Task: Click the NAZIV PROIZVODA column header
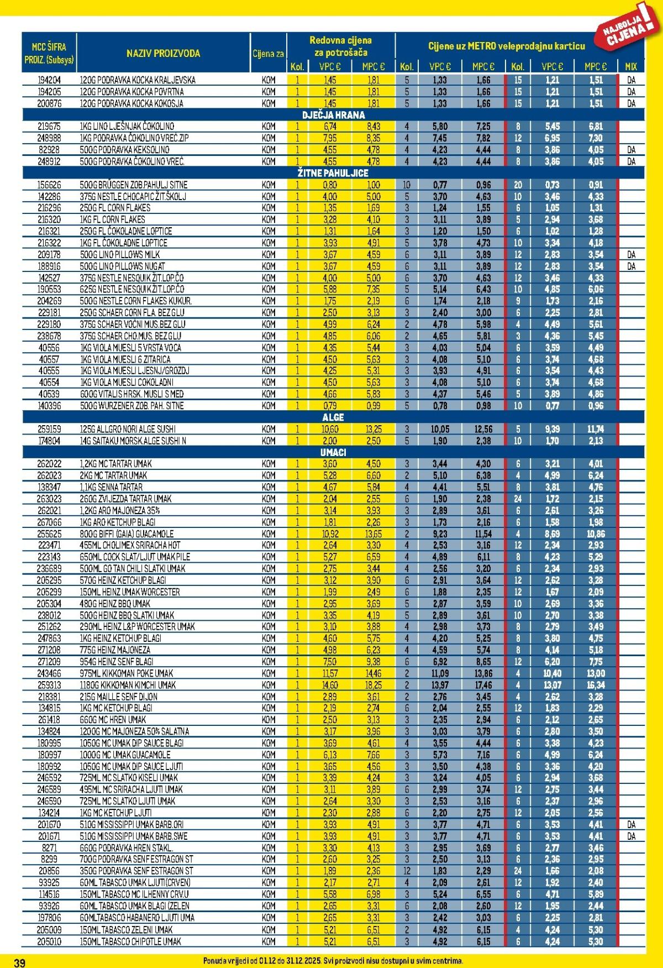click(x=163, y=54)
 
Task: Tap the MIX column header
click(x=631, y=66)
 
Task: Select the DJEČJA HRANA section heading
click(x=333, y=114)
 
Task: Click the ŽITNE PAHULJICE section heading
click(x=333, y=173)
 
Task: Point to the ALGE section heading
click(x=333, y=417)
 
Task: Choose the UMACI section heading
click(x=333, y=452)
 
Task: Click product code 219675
click(x=49, y=127)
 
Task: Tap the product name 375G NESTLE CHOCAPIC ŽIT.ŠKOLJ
click(x=133, y=197)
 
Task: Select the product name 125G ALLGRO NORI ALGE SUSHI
click(x=128, y=430)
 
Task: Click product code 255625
click(x=49, y=534)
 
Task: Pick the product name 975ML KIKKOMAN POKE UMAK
click(x=127, y=673)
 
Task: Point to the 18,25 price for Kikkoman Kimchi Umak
click(x=373, y=685)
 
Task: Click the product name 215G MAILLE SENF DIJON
click(x=119, y=697)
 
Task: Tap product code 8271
click(x=49, y=847)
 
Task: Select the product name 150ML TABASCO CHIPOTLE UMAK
click(x=130, y=941)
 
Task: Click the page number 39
click(x=19, y=962)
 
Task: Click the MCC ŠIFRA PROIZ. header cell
click(x=49, y=54)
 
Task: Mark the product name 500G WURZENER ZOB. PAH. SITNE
click(x=132, y=406)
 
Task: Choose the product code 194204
click(x=49, y=80)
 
